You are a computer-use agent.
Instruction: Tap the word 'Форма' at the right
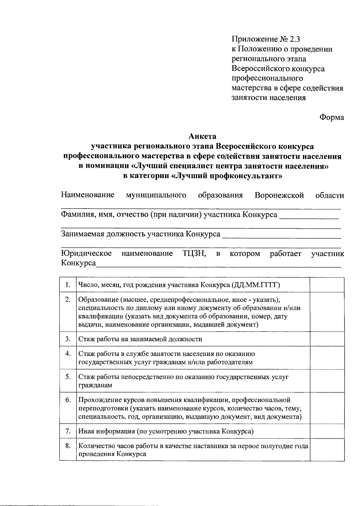pos(331,117)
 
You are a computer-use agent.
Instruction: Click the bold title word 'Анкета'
pos(202,137)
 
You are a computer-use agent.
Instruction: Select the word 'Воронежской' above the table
pos(279,195)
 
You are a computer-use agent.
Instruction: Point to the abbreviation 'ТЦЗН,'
pos(194,254)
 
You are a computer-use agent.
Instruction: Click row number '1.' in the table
pos(68,285)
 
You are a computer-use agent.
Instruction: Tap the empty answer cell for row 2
pos(327,312)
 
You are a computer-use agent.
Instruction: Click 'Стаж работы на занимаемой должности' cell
pos(140,339)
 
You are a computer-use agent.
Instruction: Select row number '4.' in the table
pos(68,354)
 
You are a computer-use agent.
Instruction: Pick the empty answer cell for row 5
pos(327,381)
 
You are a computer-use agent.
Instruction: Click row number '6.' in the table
pos(68,400)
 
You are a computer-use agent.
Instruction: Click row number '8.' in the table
pos(68,446)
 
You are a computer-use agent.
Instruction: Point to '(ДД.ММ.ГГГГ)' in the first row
pos(256,285)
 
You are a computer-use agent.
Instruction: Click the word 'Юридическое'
pos(86,254)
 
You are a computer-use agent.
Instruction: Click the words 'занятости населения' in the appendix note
pos(269,98)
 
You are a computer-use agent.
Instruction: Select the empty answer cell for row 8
pos(327,450)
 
